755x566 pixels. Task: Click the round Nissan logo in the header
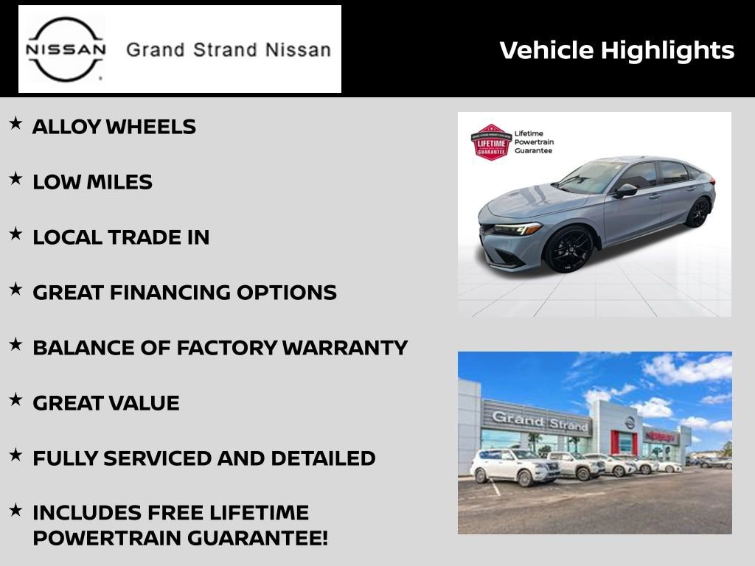(x=66, y=49)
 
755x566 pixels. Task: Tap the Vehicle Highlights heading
(x=616, y=50)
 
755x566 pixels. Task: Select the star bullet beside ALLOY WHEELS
(x=15, y=124)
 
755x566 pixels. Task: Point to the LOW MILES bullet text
(x=92, y=182)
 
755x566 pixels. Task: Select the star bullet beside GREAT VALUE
(x=15, y=400)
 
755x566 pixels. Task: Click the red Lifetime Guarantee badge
(x=490, y=141)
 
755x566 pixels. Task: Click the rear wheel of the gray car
(x=697, y=212)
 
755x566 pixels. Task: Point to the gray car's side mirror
(x=625, y=190)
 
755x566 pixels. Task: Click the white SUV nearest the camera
(x=514, y=466)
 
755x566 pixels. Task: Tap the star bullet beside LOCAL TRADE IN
(x=15, y=234)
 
